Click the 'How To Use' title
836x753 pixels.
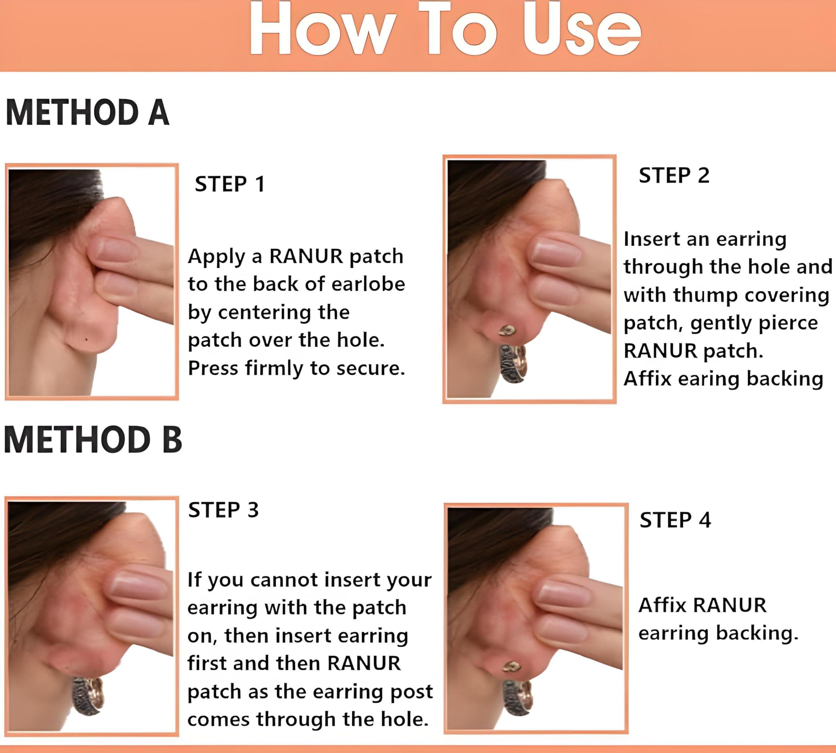(x=445, y=29)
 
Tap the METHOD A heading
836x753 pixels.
(x=87, y=112)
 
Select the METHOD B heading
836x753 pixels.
(x=93, y=439)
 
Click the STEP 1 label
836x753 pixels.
(x=230, y=184)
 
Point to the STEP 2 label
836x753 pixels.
(x=674, y=175)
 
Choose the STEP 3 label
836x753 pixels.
(x=223, y=510)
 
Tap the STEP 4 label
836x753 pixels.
(x=675, y=520)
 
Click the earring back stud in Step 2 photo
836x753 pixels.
(x=507, y=330)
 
